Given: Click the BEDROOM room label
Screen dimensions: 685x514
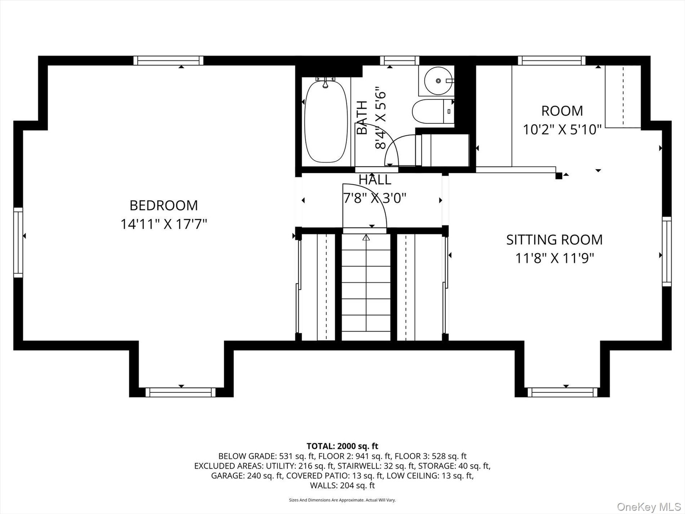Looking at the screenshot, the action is point(164,205).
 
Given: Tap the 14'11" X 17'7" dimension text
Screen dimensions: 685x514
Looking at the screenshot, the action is point(164,224).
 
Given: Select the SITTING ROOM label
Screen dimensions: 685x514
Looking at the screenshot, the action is point(554,240).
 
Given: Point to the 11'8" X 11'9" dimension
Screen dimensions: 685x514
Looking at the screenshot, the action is point(554,258).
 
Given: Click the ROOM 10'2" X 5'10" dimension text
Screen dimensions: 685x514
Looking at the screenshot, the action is point(562,129).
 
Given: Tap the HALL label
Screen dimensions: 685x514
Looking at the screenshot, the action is point(375,180).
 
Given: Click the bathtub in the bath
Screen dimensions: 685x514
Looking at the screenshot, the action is point(326,120).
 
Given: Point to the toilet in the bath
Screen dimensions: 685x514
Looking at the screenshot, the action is point(432,111).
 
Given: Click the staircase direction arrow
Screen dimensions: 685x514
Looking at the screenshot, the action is point(366,237).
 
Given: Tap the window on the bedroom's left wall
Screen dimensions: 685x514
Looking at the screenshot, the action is point(18,242).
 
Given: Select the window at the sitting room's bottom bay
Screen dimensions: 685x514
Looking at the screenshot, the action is point(563,392).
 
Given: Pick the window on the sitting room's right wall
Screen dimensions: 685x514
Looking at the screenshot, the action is point(667,251).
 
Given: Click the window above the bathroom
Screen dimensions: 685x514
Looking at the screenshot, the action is point(399,60).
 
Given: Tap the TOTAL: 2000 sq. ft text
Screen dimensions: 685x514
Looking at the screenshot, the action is point(342,446).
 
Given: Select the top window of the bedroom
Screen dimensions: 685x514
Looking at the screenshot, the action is point(169,60).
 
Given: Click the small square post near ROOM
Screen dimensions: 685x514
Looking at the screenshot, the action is point(559,176).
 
